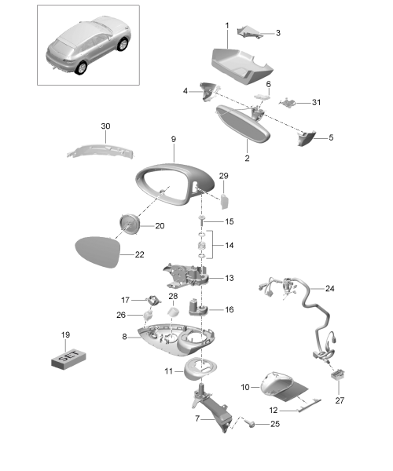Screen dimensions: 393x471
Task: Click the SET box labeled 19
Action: [x=68, y=359]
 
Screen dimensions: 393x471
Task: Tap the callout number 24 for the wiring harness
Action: [x=330, y=288]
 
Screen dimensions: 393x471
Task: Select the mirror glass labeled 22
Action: [x=97, y=252]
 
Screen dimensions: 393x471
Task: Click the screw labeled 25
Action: [x=250, y=424]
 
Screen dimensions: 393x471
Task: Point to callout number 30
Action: [x=105, y=126]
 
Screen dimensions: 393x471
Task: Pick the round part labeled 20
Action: [x=130, y=224]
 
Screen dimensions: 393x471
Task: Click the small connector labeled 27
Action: [x=338, y=375]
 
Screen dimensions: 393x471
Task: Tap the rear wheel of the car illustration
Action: [x=81, y=68]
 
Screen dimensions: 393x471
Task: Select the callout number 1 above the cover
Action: [x=227, y=26]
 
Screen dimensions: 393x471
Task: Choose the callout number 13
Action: [x=230, y=278]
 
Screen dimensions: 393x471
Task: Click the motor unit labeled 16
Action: [x=197, y=306]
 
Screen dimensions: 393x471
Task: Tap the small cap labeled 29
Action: [x=224, y=202]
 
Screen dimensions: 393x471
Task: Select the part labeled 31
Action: [x=288, y=103]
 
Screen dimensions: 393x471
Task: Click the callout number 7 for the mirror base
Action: [x=197, y=418]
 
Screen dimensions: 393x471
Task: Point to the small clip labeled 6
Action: [x=262, y=97]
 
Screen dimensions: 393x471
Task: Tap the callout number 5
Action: [x=331, y=137]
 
